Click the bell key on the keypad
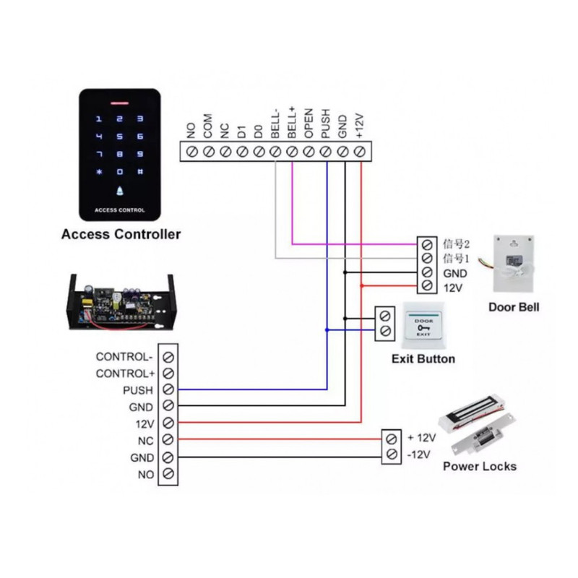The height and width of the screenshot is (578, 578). (120, 191)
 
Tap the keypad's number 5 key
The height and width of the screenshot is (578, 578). (120, 136)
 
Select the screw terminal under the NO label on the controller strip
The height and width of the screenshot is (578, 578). (191, 152)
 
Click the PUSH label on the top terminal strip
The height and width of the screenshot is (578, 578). (326, 124)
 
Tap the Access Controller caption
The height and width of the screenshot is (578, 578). (121, 234)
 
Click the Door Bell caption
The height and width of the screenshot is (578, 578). (514, 307)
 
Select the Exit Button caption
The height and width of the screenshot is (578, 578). (423, 359)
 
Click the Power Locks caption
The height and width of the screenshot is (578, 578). (480, 466)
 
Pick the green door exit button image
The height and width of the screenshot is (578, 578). (423, 326)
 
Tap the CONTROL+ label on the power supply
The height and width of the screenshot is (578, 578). (125, 374)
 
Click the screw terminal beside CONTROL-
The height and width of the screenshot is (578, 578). (168, 357)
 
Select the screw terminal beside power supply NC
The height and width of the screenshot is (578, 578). (168, 439)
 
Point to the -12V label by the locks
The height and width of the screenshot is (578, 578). (419, 454)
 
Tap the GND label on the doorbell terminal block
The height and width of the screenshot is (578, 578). (454, 274)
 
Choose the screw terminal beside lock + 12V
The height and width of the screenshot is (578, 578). (392, 439)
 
